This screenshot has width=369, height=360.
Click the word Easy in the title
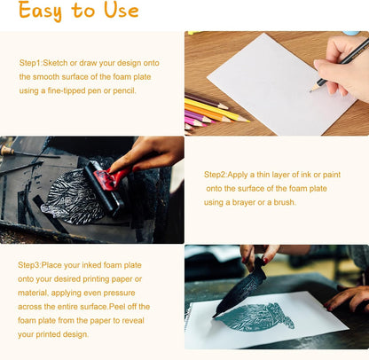point(40,11)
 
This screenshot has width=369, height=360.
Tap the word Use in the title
point(122,10)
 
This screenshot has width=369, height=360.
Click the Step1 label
point(30,63)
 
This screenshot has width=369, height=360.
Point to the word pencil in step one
point(124,90)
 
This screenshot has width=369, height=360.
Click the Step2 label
point(215,175)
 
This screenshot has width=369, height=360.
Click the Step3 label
point(28,265)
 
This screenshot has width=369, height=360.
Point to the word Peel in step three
point(116,306)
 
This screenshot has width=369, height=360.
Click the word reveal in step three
point(133,320)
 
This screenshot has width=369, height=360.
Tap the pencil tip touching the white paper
point(310,90)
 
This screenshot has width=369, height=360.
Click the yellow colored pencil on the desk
point(217,110)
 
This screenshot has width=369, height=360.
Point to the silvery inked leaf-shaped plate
point(73,193)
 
